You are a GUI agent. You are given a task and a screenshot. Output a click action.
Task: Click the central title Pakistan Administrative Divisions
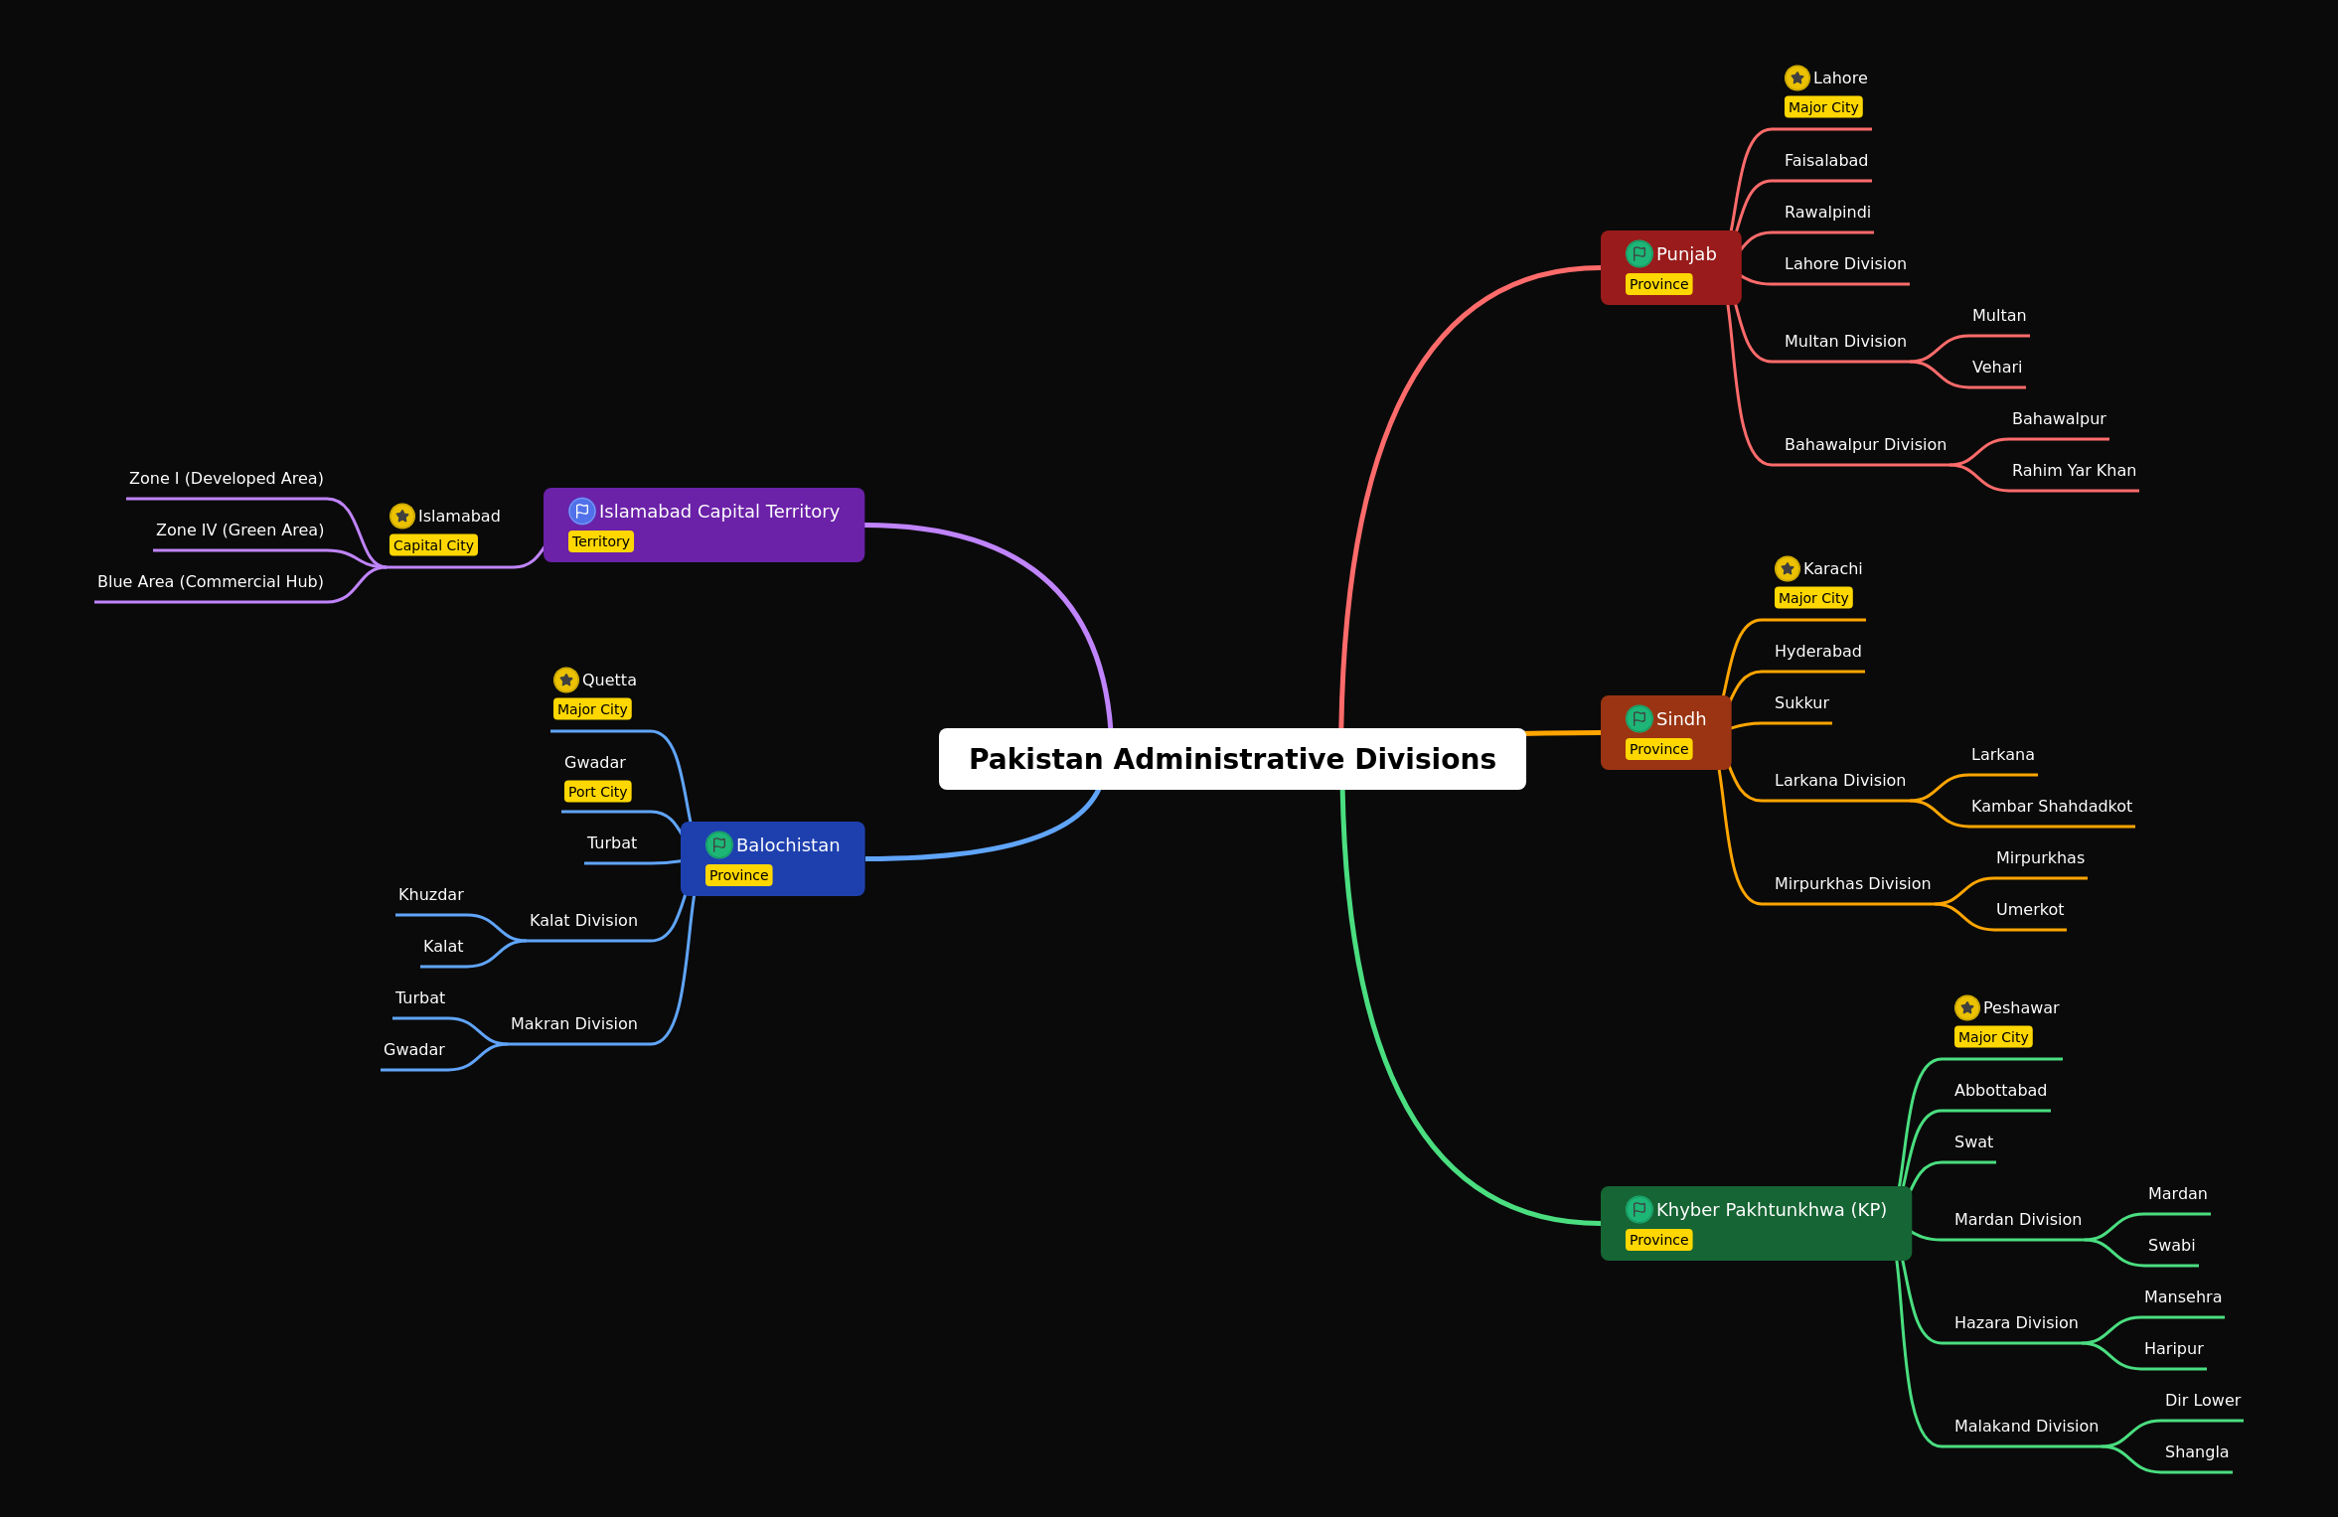click(x=1232, y=759)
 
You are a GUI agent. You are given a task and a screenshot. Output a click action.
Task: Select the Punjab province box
click(x=1670, y=268)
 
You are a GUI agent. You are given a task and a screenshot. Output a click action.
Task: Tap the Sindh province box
click(x=1665, y=733)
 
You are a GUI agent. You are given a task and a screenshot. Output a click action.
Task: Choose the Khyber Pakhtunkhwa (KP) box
click(x=1756, y=1224)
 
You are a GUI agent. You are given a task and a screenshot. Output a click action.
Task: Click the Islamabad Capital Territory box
click(x=703, y=526)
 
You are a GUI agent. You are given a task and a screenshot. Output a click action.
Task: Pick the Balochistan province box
click(x=772, y=859)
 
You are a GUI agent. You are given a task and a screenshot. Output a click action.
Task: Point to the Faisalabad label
click(x=1826, y=161)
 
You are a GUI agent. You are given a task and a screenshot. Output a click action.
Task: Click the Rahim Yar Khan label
click(x=2074, y=471)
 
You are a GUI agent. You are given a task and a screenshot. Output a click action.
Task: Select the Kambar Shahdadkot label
click(x=2052, y=807)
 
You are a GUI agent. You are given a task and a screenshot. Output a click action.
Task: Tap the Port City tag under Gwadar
click(x=598, y=792)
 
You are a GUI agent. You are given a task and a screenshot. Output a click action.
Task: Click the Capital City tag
click(x=433, y=545)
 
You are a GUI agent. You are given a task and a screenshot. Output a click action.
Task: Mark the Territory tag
click(x=601, y=541)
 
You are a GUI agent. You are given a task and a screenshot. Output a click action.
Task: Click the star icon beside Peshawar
click(x=1967, y=1008)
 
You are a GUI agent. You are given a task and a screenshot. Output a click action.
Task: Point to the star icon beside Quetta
click(x=566, y=681)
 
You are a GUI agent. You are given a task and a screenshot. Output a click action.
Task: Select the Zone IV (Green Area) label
click(x=239, y=531)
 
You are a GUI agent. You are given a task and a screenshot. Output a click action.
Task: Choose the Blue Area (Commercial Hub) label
click(x=211, y=582)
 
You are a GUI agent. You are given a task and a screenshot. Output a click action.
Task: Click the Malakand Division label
click(x=2026, y=1427)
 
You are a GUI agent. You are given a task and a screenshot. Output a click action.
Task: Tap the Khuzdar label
click(x=431, y=895)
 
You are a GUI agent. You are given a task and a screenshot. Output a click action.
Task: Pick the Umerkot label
click(x=2030, y=910)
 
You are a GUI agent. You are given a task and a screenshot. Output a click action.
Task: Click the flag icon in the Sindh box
click(x=1639, y=718)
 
